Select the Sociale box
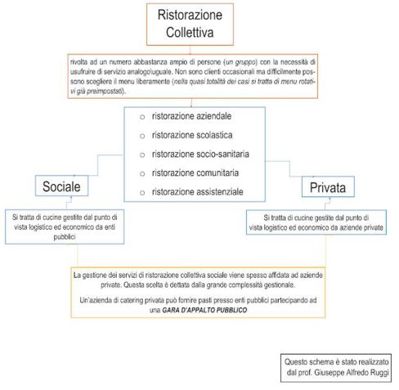click(62, 186)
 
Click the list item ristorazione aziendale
click(187, 117)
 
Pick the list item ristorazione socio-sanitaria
click(195, 155)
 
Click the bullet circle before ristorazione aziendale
click(142, 118)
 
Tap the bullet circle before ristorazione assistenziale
click(142, 193)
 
